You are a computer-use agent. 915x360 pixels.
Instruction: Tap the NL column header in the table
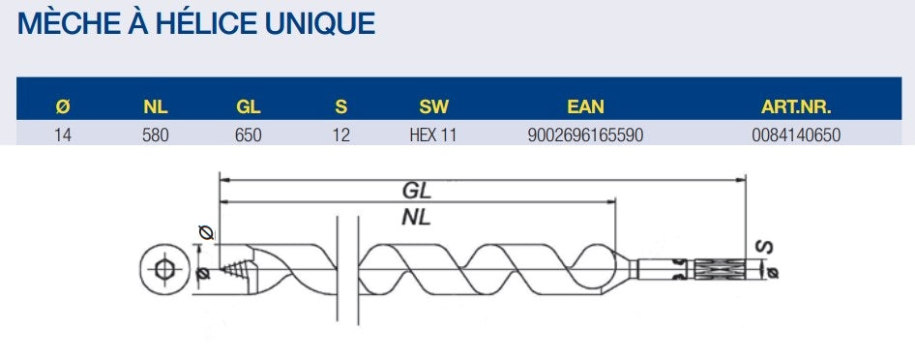156,106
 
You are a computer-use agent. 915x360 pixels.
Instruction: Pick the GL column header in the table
249,106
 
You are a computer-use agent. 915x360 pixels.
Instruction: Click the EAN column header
586,106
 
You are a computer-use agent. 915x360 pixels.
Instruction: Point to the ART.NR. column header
796,106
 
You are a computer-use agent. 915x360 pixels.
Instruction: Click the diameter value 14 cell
63,135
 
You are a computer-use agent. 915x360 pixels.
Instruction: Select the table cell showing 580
156,135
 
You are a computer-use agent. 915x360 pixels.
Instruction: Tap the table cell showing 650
249,135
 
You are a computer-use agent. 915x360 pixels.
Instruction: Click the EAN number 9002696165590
586,135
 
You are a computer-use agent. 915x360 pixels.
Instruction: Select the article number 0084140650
796,135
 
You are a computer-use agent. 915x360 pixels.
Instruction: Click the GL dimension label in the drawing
417,191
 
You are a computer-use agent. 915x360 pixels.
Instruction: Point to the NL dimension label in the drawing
416,217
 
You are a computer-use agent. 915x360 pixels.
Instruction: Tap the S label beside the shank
763,249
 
